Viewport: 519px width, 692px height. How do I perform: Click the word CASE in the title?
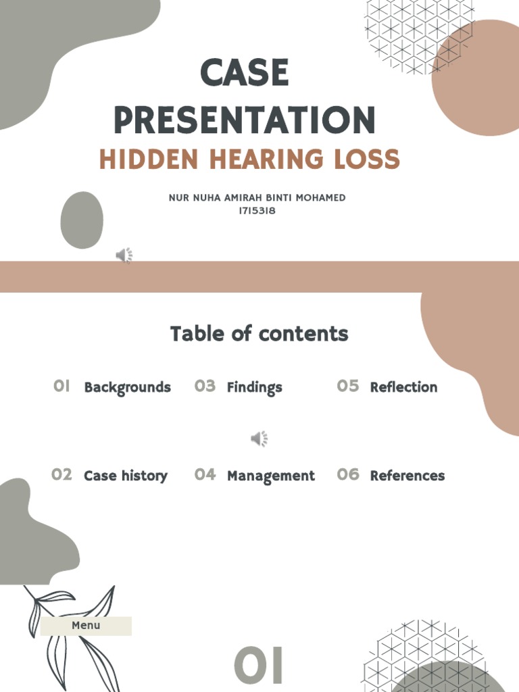pyautogui.click(x=245, y=73)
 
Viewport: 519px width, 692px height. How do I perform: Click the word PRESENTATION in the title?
pyautogui.click(x=245, y=120)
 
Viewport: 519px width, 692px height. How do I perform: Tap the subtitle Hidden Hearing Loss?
pyautogui.click(x=249, y=159)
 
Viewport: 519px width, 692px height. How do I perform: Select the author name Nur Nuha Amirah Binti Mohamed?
pyautogui.click(x=257, y=198)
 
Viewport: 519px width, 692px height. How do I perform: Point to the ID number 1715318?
pyautogui.click(x=257, y=211)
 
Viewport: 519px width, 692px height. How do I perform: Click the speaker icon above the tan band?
pyautogui.click(x=124, y=255)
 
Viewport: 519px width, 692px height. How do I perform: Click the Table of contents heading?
pyautogui.click(x=259, y=334)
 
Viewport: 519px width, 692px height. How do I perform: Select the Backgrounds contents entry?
pyautogui.click(x=127, y=387)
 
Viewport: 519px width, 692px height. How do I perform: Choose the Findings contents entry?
pyautogui.click(x=254, y=387)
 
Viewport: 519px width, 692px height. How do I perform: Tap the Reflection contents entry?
pyautogui.click(x=403, y=387)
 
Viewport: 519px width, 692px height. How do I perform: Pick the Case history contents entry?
pyautogui.click(x=126, y=476)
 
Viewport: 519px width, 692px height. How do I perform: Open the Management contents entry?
pyautogui.click(x=270, y=476)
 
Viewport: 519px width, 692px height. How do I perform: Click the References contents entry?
pyautogui.click(x=407, y=476)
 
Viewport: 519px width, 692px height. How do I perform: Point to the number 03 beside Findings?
pyautogui.click(x=205, y=386)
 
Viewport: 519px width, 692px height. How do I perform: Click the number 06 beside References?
pyautogui.click(x=348, y=474)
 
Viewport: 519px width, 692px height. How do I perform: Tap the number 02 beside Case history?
pyautogui.click(x=61, y=474)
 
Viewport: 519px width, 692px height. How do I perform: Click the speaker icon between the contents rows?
pyautogui.click(x=259, y=439)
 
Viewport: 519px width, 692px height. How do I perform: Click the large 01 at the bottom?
pyautogui.click(x=259, y=666)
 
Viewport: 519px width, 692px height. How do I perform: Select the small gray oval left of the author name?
pyautogui.click(x=82, y=220)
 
